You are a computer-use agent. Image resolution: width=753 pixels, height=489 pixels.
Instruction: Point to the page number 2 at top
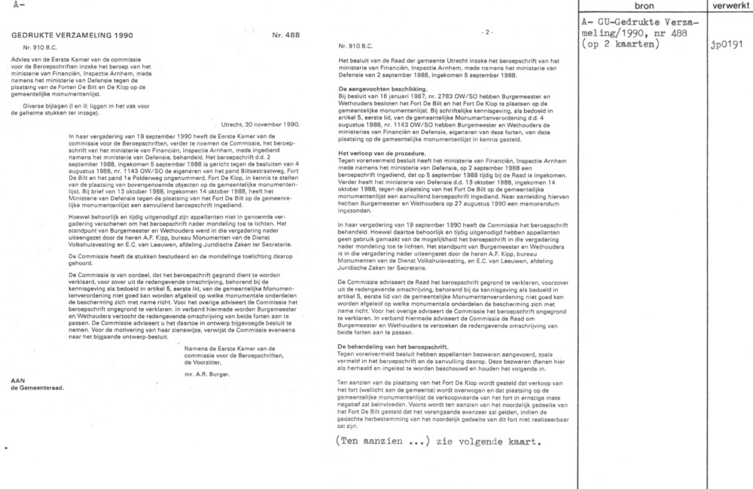click(487, 32)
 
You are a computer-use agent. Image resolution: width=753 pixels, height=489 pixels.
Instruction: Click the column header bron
click(644, 5)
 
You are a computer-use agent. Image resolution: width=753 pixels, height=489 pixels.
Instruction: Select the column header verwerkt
click(730, 5)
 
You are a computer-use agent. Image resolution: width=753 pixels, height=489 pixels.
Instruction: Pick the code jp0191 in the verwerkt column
click(726, 44)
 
